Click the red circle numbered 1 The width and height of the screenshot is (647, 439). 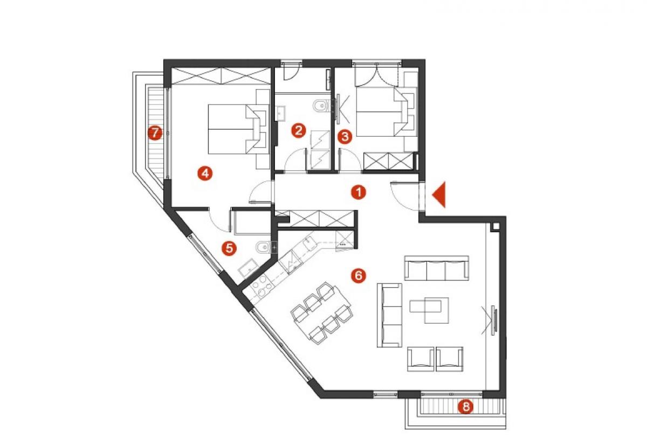point(359,192)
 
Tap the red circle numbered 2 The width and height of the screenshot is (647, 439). point(298,130)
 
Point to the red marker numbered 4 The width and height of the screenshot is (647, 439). point(205,173)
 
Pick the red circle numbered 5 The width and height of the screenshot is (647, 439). point(229,248)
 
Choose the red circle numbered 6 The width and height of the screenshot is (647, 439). point(359,276)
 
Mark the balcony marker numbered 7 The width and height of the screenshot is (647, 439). point(155,133)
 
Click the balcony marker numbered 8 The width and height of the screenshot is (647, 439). point(466,407)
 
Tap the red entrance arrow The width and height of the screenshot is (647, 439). point(439,194)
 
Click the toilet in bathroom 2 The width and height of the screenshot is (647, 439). point(321,107)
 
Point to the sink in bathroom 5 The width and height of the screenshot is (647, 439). point(249,268)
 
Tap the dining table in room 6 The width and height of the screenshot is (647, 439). point(322,312)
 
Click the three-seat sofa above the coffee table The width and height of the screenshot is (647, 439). point(436,268)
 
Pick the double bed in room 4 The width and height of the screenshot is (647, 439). point(233,129)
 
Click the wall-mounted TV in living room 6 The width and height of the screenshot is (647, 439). point(494,320)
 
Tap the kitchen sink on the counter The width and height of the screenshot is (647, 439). point(309,244)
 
